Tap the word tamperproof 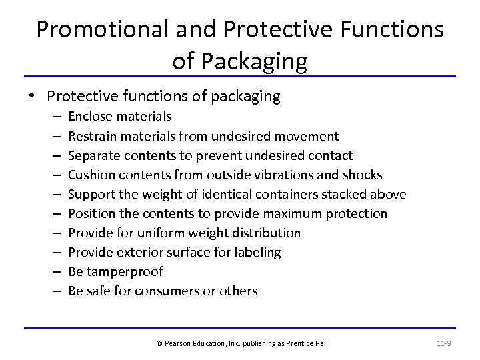coord(125,271)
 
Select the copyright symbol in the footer coord(159,343)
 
